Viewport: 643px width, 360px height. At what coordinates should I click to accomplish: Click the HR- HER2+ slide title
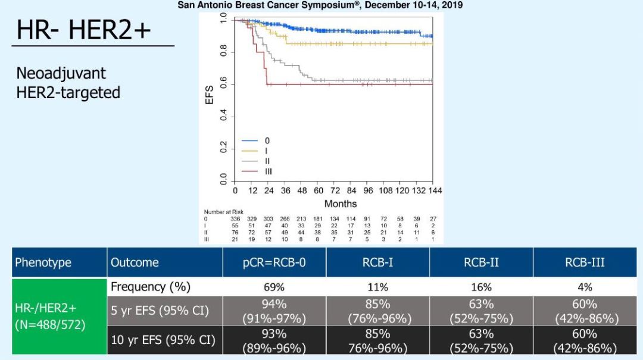[x=84, y=30]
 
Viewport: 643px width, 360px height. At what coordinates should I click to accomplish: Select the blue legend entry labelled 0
[x=257, y=141]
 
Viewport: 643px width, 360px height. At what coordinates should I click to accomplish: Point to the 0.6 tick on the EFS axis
[x=223, y=84]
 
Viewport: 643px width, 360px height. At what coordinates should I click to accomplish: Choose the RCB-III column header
[x=585, y=262]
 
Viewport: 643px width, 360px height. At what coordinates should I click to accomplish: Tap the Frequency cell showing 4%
[x=585, y=287]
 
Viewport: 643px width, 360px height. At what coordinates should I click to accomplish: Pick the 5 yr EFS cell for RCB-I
[x=377, y=311]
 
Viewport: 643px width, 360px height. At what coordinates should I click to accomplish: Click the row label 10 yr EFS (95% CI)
[x=163, y=340]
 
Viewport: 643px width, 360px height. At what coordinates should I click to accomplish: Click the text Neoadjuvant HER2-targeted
[x=68, y=83]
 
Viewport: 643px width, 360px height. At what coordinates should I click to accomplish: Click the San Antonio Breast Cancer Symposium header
[x=320, y=5]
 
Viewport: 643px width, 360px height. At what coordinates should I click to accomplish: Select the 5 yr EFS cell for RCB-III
[x=585, y=311]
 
